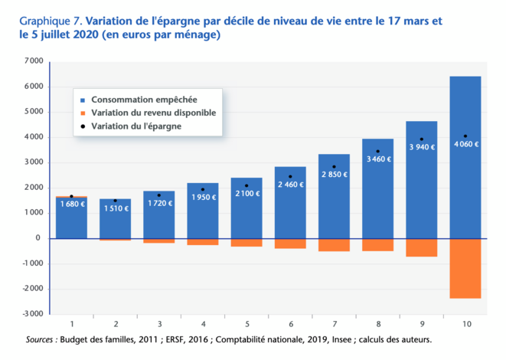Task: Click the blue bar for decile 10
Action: click(x=465, y=176)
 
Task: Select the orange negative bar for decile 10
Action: click(x=465, y=268)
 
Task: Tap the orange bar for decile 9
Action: click(x=421, y=247)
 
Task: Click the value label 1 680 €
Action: click(x=71, y=204)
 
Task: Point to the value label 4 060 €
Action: click(x=465, y=144)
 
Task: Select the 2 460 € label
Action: click(x=290, y=185)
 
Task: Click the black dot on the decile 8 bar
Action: click(x=377, y=152)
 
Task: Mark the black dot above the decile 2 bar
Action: click(x=115, y=201)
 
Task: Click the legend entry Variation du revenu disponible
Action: click(x=152, y=113)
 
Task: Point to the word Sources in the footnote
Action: click(x=41, y=339)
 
